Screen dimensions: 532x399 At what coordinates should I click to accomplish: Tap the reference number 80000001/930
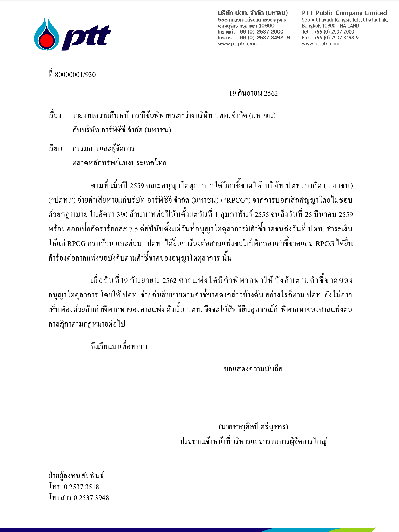coord(75,75)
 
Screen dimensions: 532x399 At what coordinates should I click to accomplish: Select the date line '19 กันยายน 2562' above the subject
coord(253,94)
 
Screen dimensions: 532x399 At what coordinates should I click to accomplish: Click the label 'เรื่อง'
coord(55,115)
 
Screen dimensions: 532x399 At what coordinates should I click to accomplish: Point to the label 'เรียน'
coord(55,149)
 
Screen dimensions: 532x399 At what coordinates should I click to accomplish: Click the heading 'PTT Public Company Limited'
coord(344,13)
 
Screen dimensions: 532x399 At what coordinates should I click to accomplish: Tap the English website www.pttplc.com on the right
coord(321,44)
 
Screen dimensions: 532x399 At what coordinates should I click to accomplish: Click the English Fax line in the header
coord(330,38)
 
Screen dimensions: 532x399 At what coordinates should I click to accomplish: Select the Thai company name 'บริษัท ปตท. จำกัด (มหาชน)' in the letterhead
coord(253,13)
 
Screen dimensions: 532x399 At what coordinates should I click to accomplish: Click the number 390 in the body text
coord(122,215)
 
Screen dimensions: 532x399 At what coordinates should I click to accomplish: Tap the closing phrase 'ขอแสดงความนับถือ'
coord(253,369)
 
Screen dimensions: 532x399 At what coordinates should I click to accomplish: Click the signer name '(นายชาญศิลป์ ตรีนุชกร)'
coord(253,427)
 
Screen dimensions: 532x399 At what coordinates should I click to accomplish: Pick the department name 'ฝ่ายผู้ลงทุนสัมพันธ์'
coord(76,476)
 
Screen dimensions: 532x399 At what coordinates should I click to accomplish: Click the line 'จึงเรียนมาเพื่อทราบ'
coord(119,347)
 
